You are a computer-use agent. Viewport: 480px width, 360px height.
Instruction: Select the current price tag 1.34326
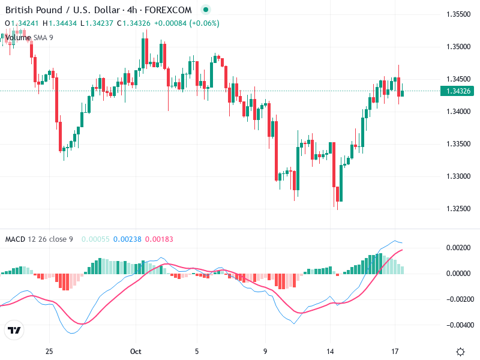point(458,91)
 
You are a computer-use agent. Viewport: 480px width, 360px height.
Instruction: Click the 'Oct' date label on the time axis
point(136,351)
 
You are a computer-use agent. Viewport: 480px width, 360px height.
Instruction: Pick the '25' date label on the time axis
point(49,351)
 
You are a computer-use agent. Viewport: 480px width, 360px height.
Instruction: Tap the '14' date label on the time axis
point(329,351)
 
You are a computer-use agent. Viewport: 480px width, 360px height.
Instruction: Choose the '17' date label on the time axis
point(395,351)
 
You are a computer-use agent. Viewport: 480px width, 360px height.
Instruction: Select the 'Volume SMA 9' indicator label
point(29,37)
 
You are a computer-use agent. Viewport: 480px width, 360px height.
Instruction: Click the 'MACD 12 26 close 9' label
point(39,239)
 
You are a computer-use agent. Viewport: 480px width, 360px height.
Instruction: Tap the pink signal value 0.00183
point(159,239)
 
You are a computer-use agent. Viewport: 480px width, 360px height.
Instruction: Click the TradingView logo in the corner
point(14,331)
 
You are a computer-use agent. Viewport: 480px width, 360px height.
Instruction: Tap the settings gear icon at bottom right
point(460,352)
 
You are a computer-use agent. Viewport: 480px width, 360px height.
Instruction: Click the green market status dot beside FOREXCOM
point(206,10)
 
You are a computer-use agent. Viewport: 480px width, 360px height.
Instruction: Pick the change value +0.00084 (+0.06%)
point(187,23)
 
